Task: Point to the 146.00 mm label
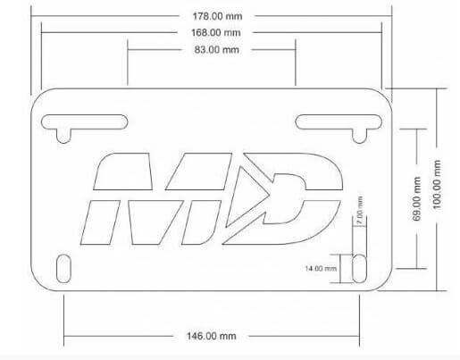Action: pos(212,336)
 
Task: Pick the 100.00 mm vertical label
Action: pos(437,189)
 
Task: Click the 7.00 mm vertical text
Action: pos(359,214)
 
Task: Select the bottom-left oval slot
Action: pos(63,268)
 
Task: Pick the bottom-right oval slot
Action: pos(357,268)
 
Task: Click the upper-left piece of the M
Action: pos(116,172)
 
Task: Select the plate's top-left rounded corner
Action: pos(39,98)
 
